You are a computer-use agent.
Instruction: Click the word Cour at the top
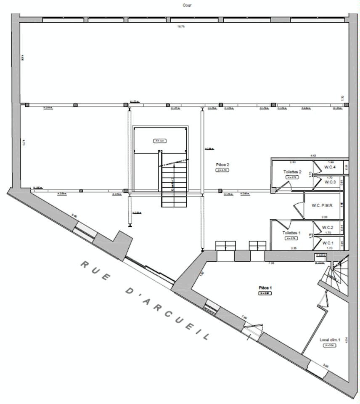pos(187,5)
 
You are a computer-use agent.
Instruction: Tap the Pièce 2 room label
pos(222,165)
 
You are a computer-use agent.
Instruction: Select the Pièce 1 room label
pos(265,288)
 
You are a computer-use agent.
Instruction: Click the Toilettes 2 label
pos(292,172)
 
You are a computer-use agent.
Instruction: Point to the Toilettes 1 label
pos(291,233)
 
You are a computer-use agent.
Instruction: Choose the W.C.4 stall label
pos(330,167)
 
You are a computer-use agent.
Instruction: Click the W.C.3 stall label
pos(330,182)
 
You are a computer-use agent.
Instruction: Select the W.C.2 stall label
pos(328,228)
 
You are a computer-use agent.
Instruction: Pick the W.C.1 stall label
pos(328,243)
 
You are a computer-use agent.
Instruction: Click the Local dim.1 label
pos(330,340)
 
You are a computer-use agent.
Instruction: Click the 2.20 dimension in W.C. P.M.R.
pos(324,217)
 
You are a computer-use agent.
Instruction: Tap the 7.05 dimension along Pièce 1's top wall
pos(272,263)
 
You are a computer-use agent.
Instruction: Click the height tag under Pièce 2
pos(222,170)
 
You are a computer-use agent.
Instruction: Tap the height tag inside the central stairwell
pos(159,141)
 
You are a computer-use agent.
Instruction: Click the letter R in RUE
pos(84,264)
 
